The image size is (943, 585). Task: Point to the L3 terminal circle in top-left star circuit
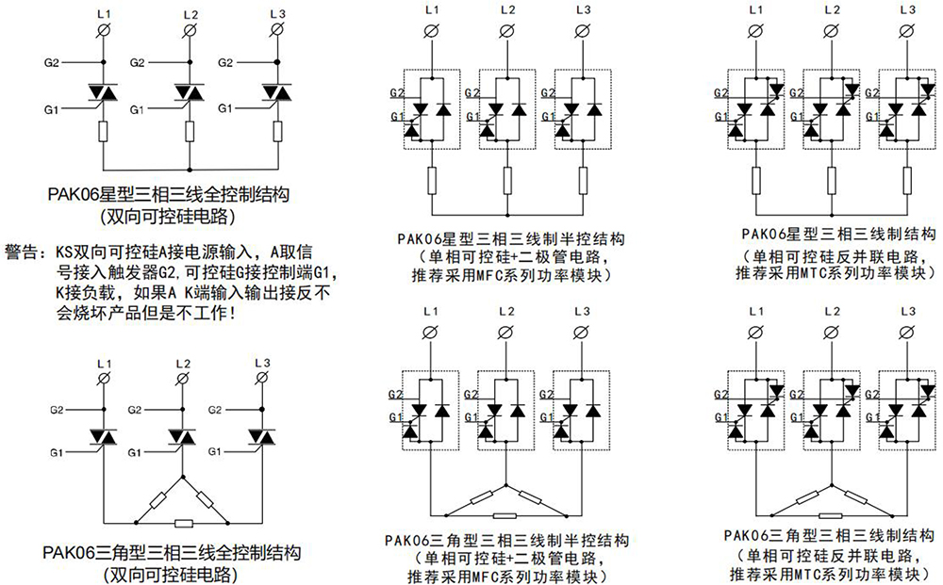point(277,31)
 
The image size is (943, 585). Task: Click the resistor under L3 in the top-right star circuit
point(908,179)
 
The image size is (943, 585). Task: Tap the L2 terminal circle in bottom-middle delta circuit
point(507,333)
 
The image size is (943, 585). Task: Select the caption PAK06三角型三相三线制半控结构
point(508,540)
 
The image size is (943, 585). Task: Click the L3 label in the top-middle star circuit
point(583,9)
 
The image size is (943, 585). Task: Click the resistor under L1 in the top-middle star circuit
point(432,179)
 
